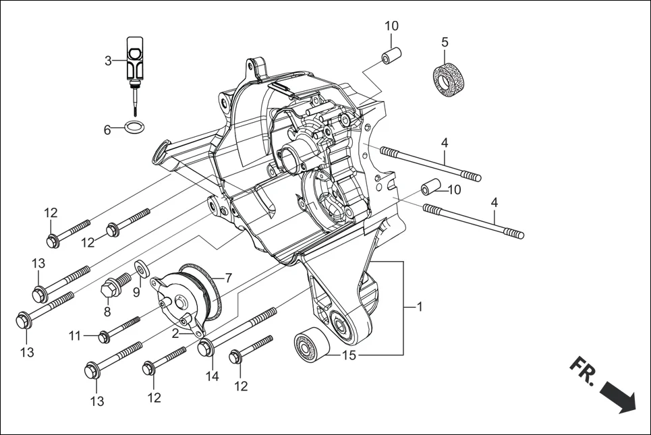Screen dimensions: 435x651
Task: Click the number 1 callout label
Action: click(x=420, y=307)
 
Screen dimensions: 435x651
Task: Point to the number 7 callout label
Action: click(x=228, y=278)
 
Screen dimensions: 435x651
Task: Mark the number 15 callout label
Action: click(x=348, y=355)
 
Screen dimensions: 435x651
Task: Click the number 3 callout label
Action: click(x=108, y=61)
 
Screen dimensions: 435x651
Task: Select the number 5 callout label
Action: click(x=445, y=42)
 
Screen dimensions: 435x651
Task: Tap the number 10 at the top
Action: click(x=391, y=26)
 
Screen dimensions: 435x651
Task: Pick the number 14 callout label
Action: click(x=213, y=377)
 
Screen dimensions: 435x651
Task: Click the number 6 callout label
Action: click(x=107, y=130)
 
